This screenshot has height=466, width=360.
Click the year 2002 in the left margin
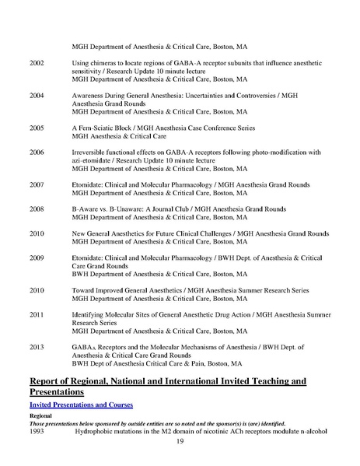point(37,63)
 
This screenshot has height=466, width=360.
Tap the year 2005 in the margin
point(37,122)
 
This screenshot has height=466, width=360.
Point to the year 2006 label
point(37,152)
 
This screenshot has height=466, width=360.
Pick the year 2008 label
point(37,208)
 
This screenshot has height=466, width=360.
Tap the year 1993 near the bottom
point(37,430)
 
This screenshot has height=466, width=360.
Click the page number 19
point(180,442)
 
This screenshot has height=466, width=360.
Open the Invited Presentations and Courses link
point(80,405)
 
